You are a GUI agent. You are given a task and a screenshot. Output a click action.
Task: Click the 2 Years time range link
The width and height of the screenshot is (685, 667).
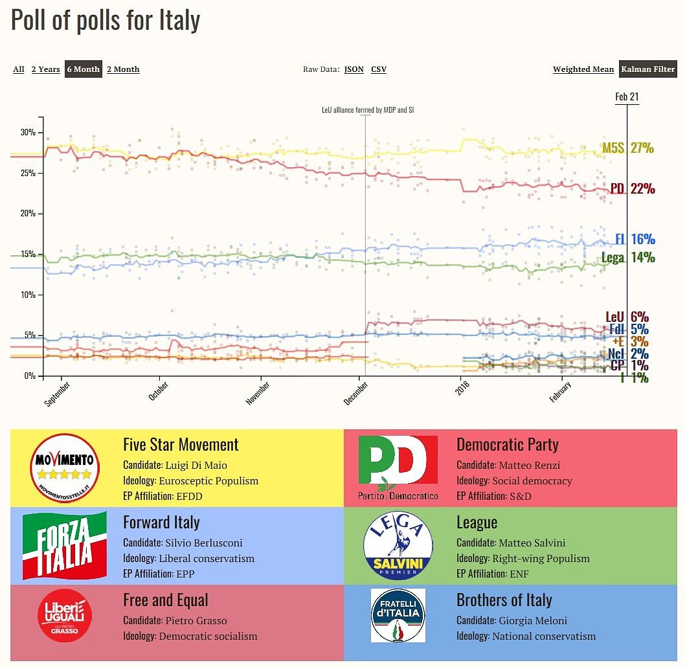tap(45, 69)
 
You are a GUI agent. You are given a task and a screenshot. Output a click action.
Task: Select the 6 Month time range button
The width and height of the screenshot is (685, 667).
tap(84, 69)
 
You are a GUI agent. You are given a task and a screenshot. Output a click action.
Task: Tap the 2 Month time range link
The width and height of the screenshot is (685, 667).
tap(123, 69)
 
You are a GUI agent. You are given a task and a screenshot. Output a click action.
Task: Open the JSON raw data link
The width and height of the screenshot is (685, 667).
tap(354, 69)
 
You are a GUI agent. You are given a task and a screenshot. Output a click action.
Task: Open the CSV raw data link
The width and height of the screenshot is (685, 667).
tap(379, 69)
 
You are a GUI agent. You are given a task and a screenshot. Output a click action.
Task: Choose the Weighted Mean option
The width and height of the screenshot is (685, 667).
tap(583, 69)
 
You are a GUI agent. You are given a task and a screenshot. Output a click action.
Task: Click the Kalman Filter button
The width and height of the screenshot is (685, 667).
tap(647, 69)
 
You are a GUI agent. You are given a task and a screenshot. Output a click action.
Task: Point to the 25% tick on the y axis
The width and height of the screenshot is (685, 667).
tap(28, 173)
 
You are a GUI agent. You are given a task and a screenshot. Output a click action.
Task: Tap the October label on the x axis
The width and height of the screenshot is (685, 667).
tap(159, 391)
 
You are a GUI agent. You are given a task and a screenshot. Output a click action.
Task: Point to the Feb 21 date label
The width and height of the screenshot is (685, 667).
tap(627, 96)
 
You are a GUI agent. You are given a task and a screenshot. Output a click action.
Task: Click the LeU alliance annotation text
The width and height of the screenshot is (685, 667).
tap(367, 110)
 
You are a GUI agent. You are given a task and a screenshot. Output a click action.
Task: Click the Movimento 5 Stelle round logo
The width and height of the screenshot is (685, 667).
tap(65, 468)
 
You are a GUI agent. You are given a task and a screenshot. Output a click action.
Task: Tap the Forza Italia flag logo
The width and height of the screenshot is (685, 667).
tap(65, 545)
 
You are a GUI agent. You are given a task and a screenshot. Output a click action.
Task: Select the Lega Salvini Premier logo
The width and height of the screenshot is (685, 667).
tap(398, 545)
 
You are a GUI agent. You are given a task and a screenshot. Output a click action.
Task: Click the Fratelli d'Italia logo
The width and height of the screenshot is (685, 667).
tap(398, 615)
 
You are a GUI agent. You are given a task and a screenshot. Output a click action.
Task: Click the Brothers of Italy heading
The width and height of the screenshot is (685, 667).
tap(504, 600)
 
